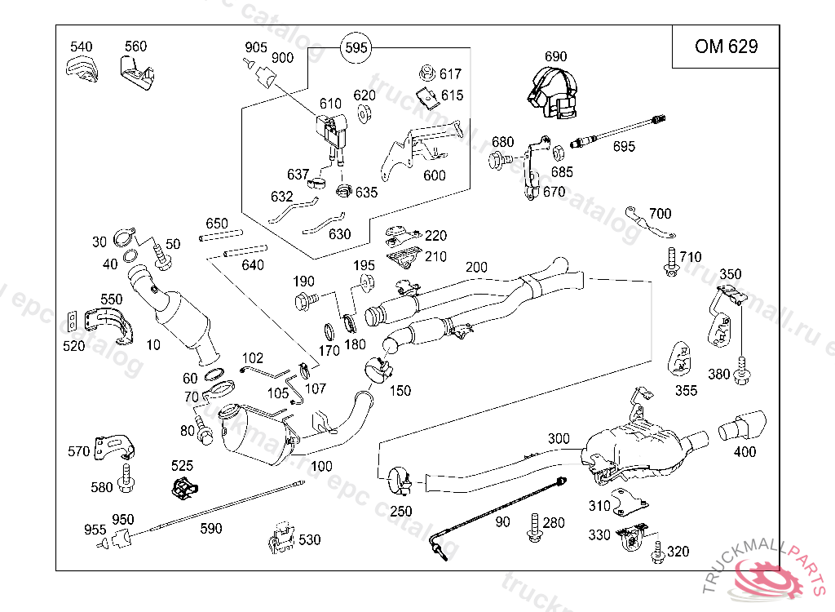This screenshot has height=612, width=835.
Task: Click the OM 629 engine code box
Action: (x=726, y=47)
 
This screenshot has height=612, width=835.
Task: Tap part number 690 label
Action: (x=554, y=57)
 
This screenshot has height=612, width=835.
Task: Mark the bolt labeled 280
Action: (x=534, y=526)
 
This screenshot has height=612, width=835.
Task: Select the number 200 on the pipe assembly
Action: (x=476, y=268)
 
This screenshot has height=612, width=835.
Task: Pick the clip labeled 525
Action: (x=183, y=489)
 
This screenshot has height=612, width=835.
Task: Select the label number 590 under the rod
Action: (x=211, y=529)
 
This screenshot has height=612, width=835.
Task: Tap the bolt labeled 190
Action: (x=305, y=301)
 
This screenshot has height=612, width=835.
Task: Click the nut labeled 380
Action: (x=741, y=375)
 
